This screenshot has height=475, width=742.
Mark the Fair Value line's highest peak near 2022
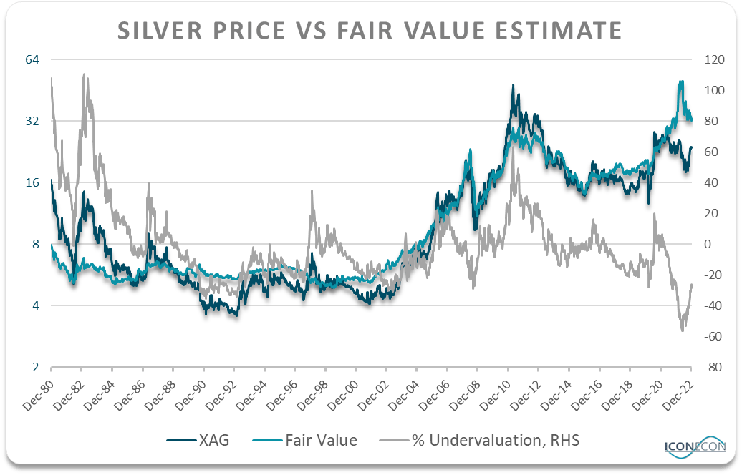click(680, 82)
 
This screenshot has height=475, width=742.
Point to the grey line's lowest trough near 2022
click(682, 330)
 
